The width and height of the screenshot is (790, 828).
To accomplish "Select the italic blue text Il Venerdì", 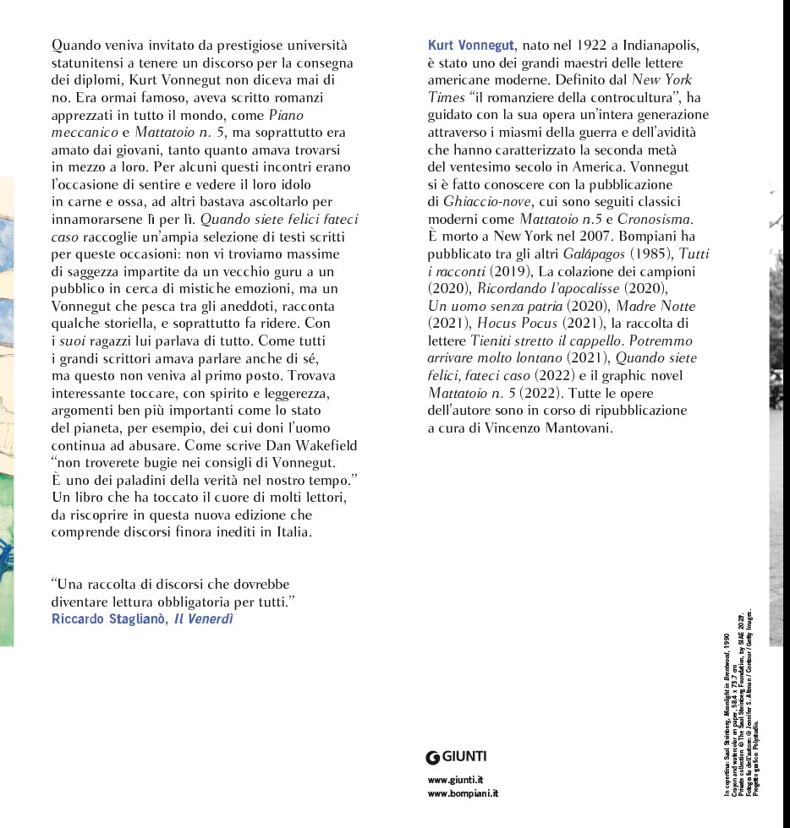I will tap(204, 619).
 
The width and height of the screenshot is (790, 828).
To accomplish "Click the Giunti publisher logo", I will tap(457, 756).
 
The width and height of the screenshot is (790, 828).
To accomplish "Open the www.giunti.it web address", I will tap(456, 779).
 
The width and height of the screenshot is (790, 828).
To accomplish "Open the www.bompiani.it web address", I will tap(464, 793).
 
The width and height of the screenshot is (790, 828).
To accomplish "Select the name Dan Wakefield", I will tap(310, 445).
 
